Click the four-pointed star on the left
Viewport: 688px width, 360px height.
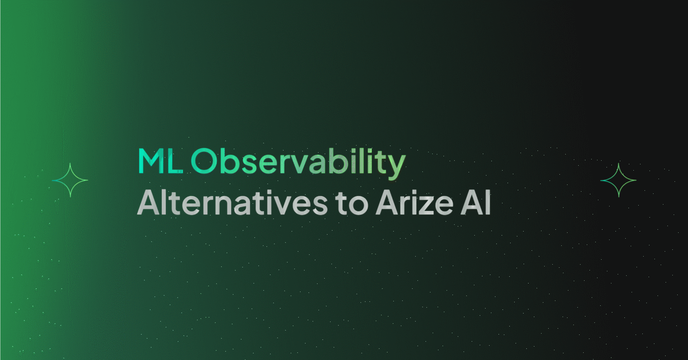[70, 180]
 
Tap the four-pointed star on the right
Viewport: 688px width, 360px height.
[618, 180]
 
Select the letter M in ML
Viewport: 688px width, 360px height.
[151, 162]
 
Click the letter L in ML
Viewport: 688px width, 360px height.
[176, 162]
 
